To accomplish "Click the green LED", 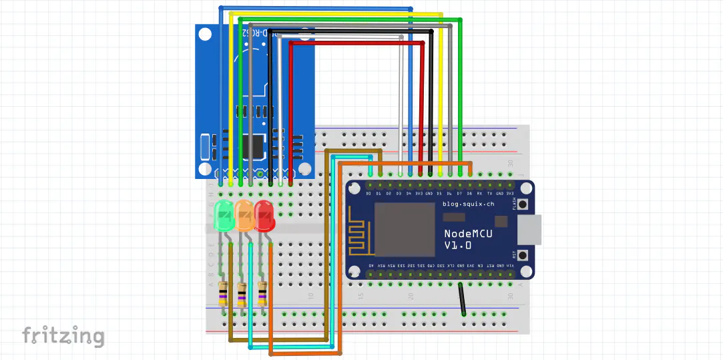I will point(223,216).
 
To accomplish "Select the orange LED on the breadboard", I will point(244,216).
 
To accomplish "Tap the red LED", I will point(264,215).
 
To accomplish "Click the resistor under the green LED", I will point(223,295).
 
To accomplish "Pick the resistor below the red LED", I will point(262,295).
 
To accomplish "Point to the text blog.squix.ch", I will point(467,204).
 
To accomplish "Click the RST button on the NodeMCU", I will point(524,254).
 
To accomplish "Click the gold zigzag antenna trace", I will point(359,230).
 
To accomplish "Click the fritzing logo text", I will point(63,335).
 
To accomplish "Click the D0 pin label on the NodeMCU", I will point(368,194).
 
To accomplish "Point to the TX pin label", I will point(490,194).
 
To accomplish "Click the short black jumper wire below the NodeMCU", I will point(462,299).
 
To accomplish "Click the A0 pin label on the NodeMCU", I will point(371,266).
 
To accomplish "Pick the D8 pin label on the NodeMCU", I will point(470,194).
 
